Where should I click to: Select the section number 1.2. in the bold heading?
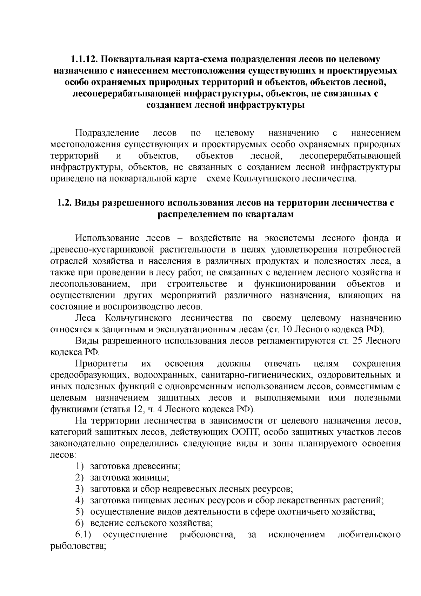64,203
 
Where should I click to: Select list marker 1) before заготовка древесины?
79,466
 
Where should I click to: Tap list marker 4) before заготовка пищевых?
79,500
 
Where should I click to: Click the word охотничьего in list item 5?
299,511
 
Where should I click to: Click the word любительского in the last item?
368,535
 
